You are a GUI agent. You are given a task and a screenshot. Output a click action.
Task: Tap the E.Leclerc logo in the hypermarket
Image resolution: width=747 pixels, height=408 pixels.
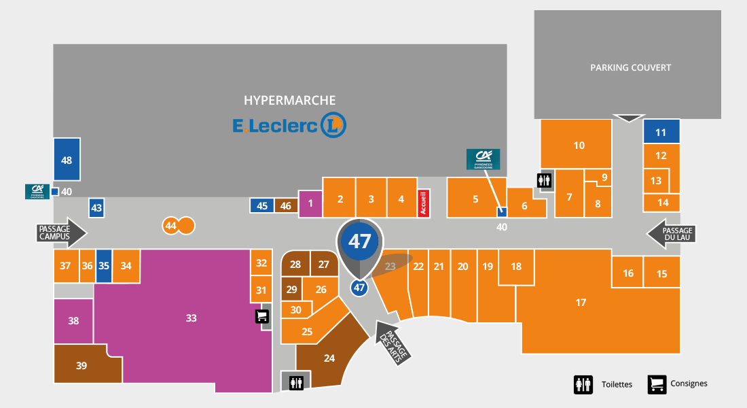point(289,125)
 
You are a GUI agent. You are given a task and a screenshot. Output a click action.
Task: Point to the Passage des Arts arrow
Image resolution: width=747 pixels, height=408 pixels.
point(393,342)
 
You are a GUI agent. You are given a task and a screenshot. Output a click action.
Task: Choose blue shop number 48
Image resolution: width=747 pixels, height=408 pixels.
point(67,160)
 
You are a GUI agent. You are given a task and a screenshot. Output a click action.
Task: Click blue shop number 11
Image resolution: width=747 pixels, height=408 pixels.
point(661,132)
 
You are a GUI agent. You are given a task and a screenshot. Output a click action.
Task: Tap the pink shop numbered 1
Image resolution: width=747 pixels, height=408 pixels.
point(310,203)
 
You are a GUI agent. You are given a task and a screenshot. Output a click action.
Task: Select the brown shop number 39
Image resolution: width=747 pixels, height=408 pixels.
point(81,365)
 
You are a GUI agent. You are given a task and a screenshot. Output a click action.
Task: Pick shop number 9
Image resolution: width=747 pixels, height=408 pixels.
point(604,178)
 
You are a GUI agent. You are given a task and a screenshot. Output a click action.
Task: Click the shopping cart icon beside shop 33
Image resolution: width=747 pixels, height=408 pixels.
point(262,316)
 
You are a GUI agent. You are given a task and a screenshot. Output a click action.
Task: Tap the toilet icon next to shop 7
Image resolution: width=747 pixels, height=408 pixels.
point(545,181)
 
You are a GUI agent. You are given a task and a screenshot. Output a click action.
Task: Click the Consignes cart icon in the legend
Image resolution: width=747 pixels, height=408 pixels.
point(657,384)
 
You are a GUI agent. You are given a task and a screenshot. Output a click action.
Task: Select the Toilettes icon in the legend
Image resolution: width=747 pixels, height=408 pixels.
point(584,384)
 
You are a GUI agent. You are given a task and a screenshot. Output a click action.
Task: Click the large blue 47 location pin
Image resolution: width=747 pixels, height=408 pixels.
point(360,242)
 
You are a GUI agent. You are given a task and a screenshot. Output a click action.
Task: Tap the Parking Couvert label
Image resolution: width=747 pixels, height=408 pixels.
point(630,67)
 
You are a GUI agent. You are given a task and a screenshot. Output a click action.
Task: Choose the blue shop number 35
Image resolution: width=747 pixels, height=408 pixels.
point(103,266)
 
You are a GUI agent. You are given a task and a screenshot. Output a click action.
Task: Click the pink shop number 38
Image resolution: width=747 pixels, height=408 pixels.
point(73,321)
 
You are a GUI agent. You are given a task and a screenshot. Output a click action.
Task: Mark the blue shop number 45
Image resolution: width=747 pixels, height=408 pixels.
point(262,206)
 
